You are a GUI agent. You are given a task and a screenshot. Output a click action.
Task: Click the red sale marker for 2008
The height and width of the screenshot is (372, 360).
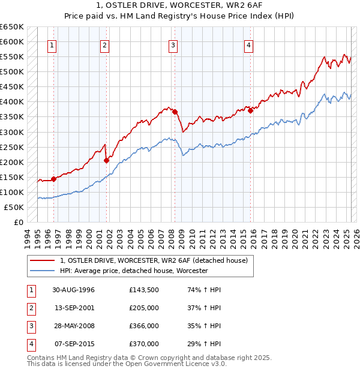point(175,112)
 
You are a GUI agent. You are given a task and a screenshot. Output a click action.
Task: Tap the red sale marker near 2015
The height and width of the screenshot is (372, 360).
point(250,110)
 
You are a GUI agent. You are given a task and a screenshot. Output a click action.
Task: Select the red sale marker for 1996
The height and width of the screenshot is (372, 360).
point(53,178)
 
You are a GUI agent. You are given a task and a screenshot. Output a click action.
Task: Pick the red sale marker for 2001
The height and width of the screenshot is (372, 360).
point(106,160)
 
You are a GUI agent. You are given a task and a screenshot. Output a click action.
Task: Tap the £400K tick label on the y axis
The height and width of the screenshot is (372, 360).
point(12,102)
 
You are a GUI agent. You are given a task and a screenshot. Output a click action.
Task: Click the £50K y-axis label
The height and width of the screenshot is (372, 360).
point(14,208)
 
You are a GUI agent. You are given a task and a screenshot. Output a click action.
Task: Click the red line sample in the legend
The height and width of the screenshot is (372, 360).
point(43,260)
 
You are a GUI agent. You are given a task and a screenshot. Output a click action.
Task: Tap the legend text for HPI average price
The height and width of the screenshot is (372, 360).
point(134,271)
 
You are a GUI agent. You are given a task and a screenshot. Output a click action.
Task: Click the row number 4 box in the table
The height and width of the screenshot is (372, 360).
point(31,344)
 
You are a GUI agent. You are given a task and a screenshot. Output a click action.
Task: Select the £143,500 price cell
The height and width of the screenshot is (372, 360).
point(143,290)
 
